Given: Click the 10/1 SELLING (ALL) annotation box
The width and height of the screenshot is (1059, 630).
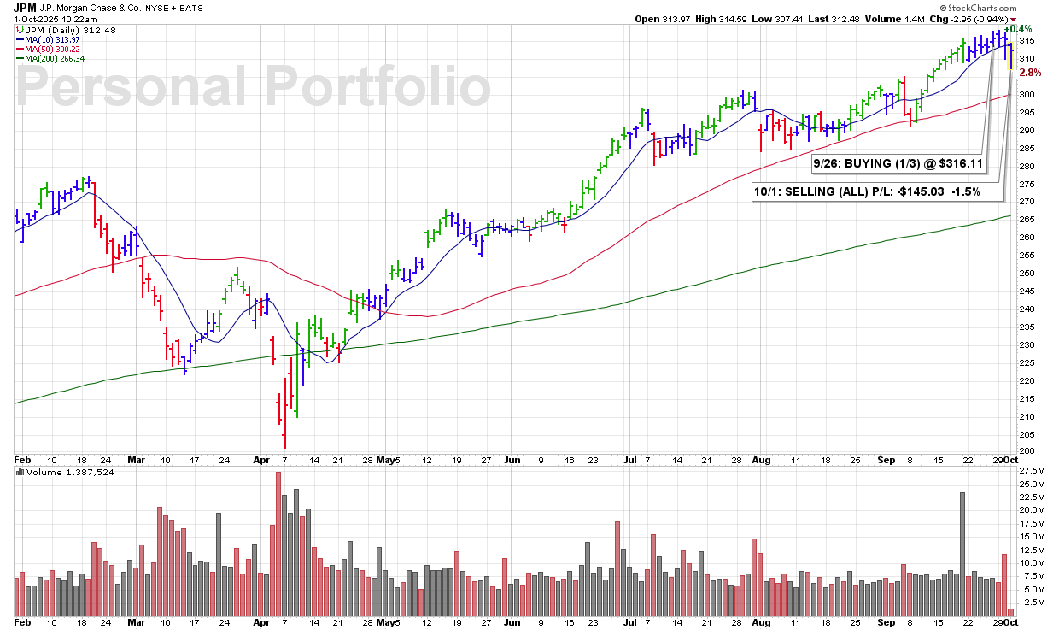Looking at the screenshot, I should pyautogui.click(x=878, y=191).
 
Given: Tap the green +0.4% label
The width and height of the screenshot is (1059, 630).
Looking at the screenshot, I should pyautogui.click(x=1029, y=28).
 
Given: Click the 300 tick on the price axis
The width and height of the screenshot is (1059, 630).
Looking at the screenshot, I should pyautogui.click(x=1027, y=94).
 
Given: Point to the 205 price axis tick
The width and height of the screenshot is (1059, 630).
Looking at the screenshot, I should pyautogui.click(x=1027, y=434).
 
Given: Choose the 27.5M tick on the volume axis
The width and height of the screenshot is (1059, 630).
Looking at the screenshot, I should pyautogui.click(x=1032, y=471).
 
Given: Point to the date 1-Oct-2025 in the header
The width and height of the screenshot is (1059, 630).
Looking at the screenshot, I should pyautogui.click(x=40, y=18).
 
